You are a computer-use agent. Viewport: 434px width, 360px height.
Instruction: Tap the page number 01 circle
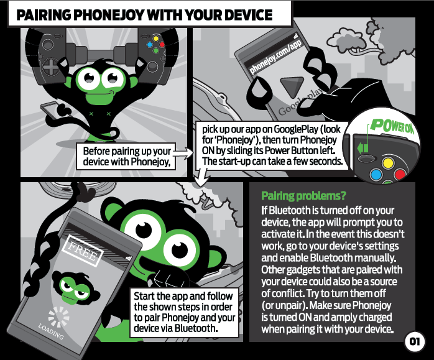(414, 341)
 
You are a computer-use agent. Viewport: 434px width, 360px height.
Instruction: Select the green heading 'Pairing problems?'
(303, 196)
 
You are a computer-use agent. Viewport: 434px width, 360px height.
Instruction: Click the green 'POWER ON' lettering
(392, 126)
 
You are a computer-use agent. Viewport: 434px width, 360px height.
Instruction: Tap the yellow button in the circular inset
(387, 163)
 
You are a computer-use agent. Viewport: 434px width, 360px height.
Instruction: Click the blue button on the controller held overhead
(150, 45)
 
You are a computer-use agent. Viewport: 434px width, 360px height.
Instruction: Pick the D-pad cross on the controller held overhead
(51, 68)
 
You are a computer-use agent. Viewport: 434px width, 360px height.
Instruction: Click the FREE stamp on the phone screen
(83, 251)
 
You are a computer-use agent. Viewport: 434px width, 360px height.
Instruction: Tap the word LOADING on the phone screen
(50, 331)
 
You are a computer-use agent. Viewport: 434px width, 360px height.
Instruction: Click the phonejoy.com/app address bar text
(275, 57)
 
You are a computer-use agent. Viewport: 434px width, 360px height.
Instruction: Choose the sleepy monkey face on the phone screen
(75, 288)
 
